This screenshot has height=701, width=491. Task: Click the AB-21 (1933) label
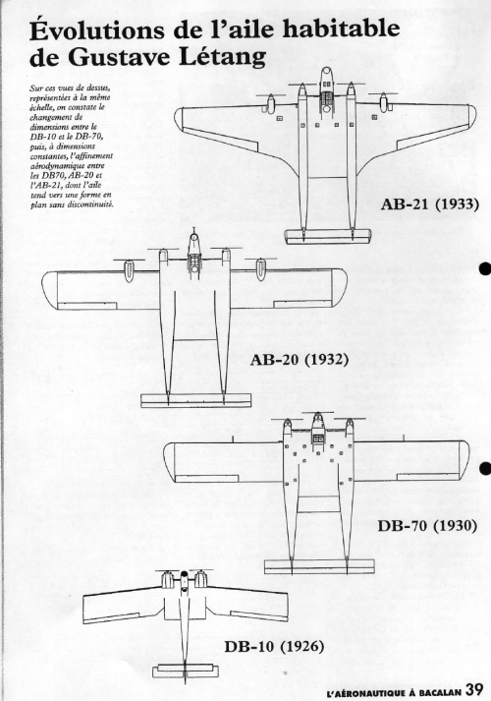point(429,204)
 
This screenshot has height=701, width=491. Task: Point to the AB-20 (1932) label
point(300,359)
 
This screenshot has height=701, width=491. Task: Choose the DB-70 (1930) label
point(427,525)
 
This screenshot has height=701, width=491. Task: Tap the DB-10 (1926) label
point(274,647)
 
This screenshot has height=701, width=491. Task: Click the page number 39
point(474,689)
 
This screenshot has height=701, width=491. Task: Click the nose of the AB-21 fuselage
point(326,73)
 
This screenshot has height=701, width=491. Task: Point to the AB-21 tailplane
point(328,236)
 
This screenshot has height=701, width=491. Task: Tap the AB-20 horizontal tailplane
point(196,400)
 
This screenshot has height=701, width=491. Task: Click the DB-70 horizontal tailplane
point(319,566)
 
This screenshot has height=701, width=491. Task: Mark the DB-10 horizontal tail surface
point(186,672)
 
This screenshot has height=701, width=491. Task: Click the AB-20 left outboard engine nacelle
point(129,269)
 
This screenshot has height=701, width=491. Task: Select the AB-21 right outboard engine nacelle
point(384,102)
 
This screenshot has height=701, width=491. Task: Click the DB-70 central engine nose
point(317,421)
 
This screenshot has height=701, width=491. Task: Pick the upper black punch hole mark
point(485,268)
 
